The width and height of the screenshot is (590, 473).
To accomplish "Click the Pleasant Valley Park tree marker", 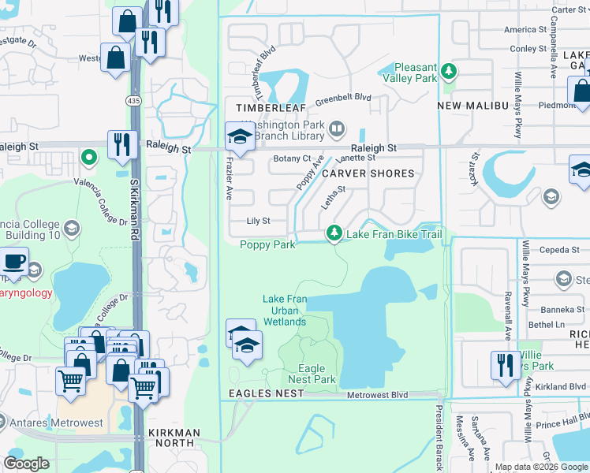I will [449, 72].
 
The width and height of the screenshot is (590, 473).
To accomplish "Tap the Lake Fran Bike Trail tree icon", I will [334, 233].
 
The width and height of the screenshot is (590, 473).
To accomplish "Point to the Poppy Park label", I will [267, 244].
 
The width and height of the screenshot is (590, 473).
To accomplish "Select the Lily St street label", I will [258, 222].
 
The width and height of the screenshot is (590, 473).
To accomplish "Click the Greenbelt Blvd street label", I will [343, 99].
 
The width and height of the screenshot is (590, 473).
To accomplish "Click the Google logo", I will [26, 464].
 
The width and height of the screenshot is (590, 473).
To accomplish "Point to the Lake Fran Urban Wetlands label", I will [285, 310].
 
